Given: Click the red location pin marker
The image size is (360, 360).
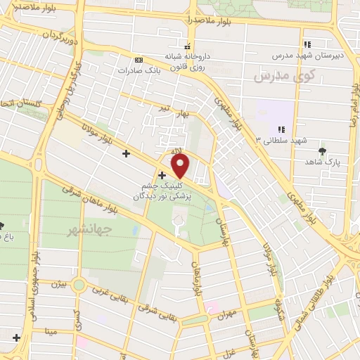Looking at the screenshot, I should coord(181,166).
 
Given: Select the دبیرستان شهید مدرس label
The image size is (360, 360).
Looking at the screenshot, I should coord(310,54).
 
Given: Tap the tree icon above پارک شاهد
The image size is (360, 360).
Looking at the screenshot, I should coord(323,151).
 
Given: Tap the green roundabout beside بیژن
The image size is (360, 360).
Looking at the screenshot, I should coord(79,285).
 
